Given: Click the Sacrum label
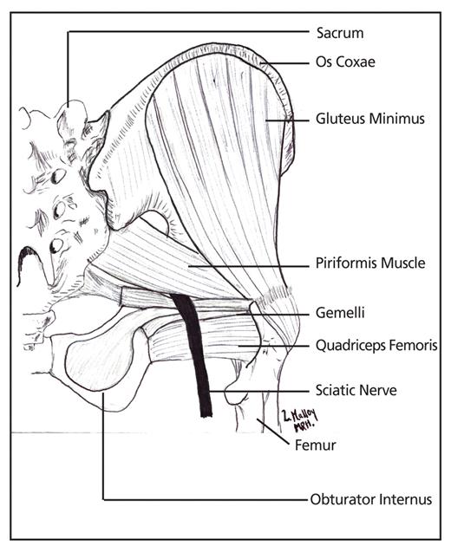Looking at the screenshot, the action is pos(340,33).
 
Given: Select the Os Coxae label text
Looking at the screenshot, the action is pos(345,62).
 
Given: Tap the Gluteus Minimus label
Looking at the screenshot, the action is pos(370,119).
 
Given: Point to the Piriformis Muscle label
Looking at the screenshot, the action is pos(370,263).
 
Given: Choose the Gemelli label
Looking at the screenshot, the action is pos(340,312).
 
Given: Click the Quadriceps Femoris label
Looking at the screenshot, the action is pos(376,346).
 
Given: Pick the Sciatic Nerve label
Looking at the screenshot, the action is pos(356,390).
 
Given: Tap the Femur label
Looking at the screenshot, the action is pos(316,445).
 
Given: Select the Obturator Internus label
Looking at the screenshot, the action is pos(371,499).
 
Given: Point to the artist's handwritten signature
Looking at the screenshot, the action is pos(299,419).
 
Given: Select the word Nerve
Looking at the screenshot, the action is pos(381,390).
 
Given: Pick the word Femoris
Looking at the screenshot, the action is pos(414,346).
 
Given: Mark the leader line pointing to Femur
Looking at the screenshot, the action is pos(273,431).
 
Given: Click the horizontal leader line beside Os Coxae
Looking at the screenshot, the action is pos(284,64).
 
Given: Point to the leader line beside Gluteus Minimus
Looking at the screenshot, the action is pos(287,120).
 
